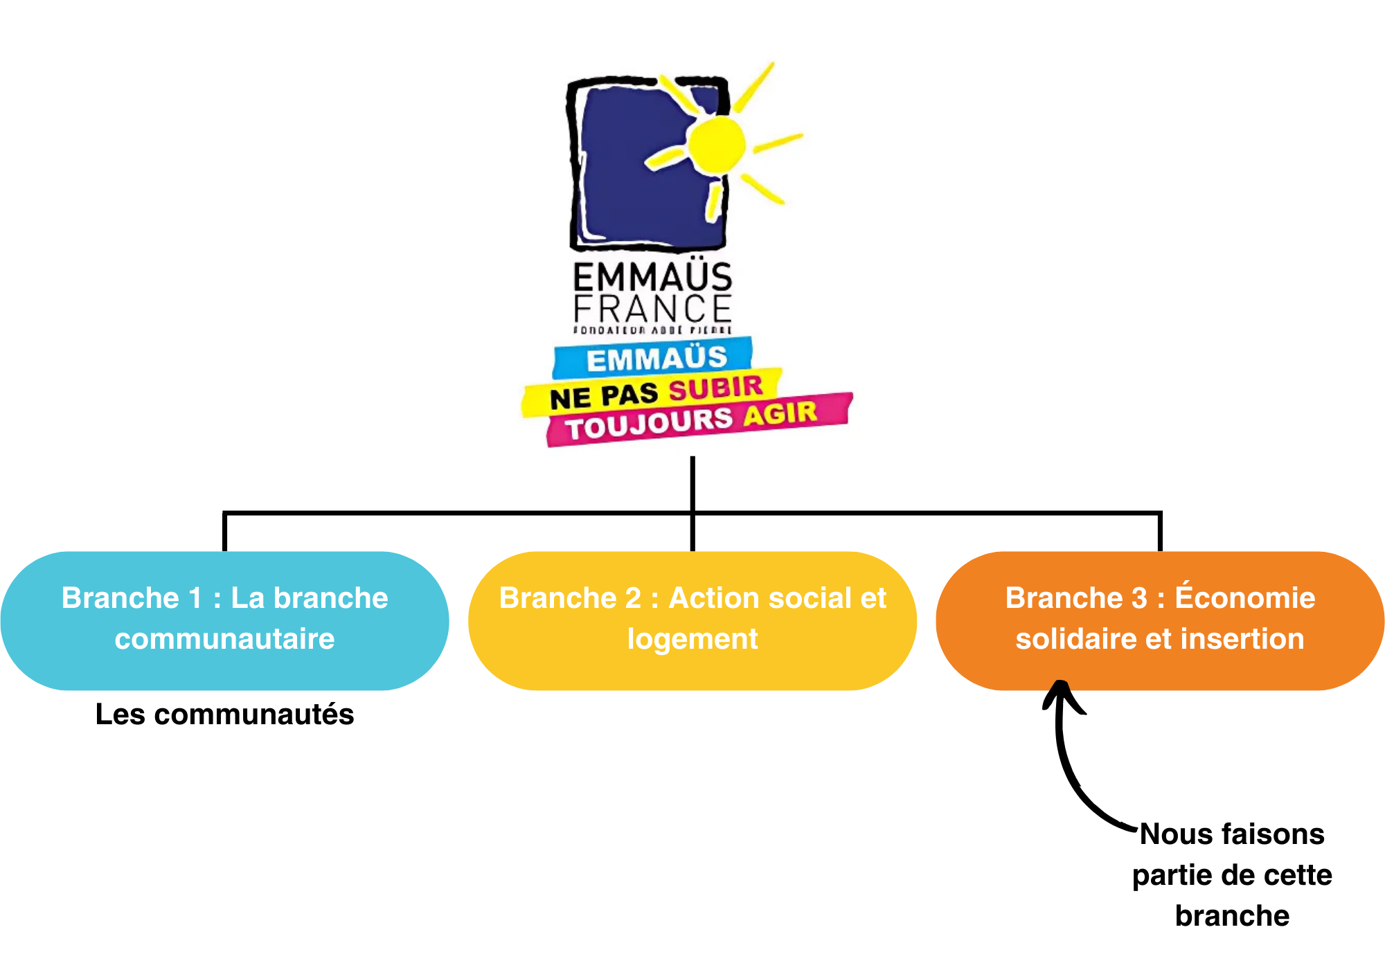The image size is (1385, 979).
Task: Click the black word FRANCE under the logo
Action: (652, 309)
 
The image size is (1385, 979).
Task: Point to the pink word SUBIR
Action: (715, 388)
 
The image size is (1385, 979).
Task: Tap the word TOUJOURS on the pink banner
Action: (649, 423)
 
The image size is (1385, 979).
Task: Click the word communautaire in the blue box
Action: (225, 639)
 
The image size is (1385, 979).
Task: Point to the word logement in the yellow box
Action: (692, 639)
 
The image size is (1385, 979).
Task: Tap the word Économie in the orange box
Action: (1244, 598)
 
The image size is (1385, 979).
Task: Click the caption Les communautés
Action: (225, 715)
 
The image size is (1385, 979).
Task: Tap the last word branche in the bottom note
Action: (1232, 916)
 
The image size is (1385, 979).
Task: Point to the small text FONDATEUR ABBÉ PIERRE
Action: (652, 330)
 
